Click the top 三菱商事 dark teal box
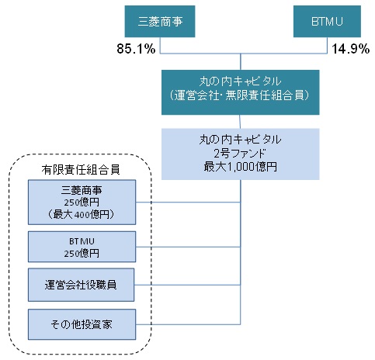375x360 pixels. point(160,22)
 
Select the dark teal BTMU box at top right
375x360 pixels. point(327,22)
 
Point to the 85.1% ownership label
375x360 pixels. point(136,49)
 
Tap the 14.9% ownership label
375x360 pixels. point(351,49)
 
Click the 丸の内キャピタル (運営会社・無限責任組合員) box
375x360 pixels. point(241,92)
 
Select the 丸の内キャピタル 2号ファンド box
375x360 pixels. point(241,154)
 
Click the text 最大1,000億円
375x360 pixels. point(241,167)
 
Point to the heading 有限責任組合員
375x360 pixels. point(81,170)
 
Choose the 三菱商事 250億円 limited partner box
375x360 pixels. point(82,202)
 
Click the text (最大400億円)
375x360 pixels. point(82,214)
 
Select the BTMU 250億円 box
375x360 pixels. point(82,247)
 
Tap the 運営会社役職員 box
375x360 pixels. point(81,285)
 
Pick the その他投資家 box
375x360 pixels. point(82,324)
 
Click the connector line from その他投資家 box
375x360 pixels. point(188,324)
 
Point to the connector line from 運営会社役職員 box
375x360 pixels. point(187,285)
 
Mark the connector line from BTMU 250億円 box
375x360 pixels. point(188,247)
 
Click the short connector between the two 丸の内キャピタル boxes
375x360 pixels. point(240,122)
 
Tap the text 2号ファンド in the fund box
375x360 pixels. point(240,154)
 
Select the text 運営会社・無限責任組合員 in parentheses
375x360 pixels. point(241,95)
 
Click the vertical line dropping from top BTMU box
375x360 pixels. point(327,45)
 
